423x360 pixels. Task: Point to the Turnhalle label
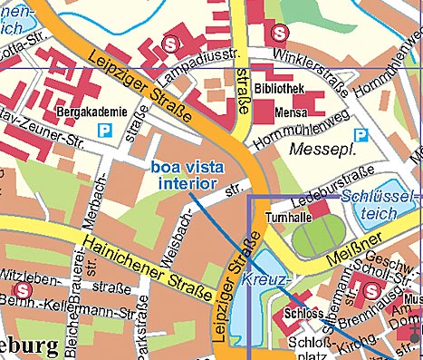(x=288, y=218)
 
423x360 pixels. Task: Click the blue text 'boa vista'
(x=186, y=167)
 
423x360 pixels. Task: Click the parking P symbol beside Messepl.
(x=361, y=134)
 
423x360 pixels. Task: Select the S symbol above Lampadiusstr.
(x=168, y=42)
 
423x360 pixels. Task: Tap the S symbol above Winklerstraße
(x=280, y=33)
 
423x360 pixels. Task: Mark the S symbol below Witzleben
(x=24, y=289)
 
